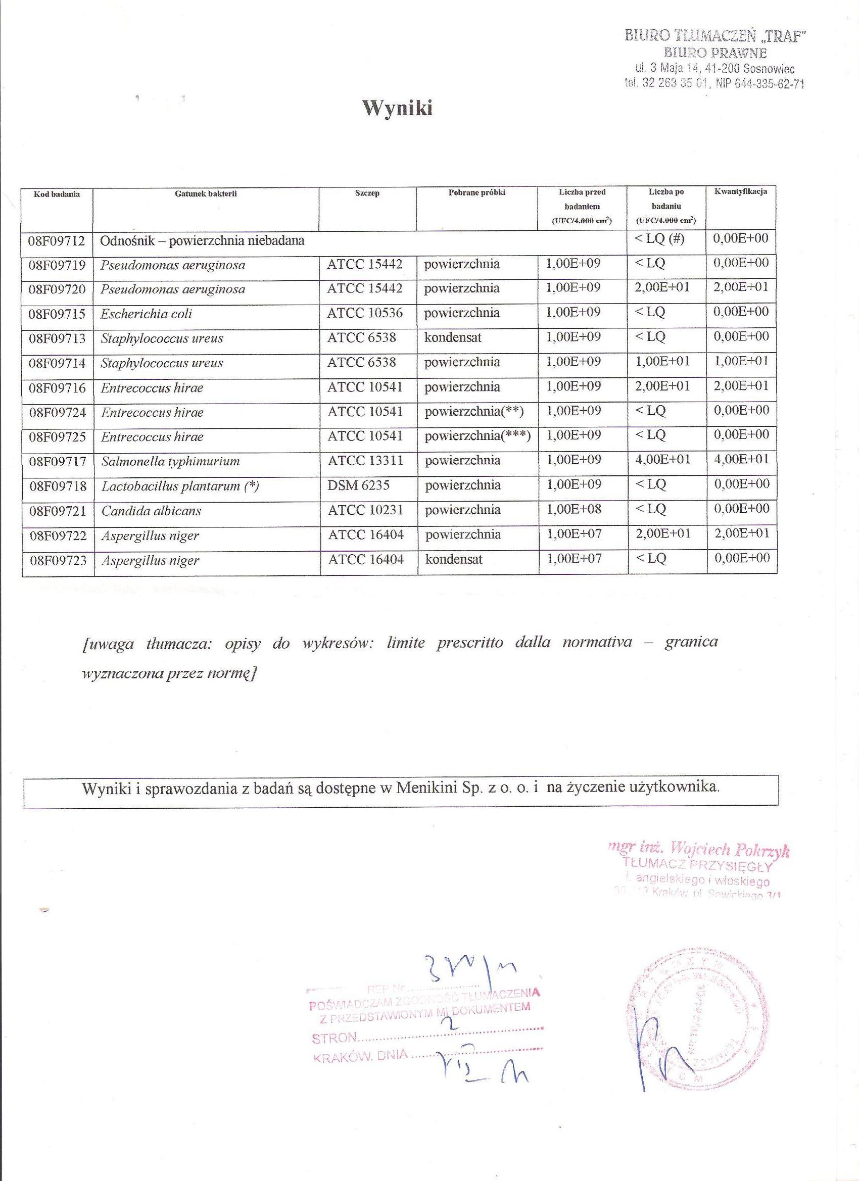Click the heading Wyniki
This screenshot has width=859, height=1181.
point(398,108)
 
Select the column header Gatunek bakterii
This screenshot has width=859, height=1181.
point(206,193)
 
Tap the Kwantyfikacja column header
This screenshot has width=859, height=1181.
point(741,191)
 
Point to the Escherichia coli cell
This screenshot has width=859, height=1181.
point(147,314)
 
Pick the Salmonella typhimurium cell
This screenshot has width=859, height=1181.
point(170,461)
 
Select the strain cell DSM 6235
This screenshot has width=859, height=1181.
point(358,486)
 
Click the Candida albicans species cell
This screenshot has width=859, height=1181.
point(151,511)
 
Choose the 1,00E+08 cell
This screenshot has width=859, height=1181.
point(573,509)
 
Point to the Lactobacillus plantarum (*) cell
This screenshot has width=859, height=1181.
point(180,486)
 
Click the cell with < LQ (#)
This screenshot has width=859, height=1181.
point(659,239)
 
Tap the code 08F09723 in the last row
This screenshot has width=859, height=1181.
point(57,561)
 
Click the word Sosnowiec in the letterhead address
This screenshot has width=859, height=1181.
point(770,69)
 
